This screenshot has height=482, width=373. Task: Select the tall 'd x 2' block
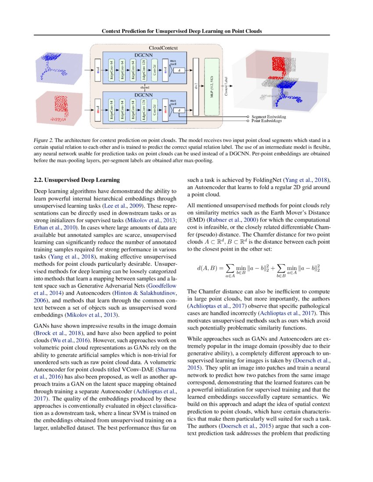[x=195, y=88]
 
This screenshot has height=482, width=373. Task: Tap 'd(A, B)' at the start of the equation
[x=208, y=268]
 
